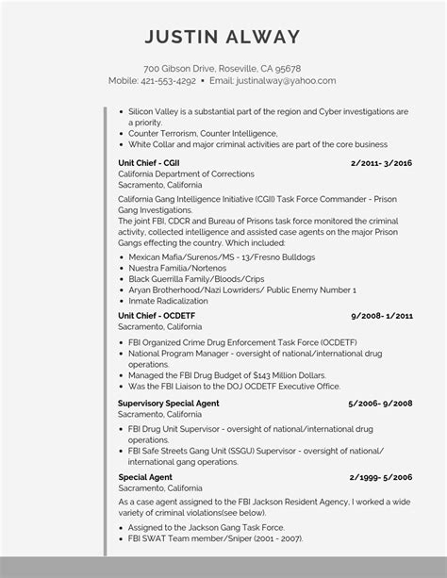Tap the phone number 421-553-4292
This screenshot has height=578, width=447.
(169, 81)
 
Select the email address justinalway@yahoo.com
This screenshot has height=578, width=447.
(286, 81)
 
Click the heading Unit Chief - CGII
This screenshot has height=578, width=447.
(150, 163)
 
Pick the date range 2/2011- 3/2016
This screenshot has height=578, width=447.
(381, 163)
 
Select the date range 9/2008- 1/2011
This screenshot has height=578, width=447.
(382, 315)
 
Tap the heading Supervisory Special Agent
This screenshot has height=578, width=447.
(169, 403)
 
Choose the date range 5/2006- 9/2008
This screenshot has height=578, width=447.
(380, 403)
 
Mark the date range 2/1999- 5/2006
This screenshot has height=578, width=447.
(381, 478)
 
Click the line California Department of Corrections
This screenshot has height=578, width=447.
(186, 174)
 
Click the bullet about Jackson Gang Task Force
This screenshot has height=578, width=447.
(207, 527)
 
